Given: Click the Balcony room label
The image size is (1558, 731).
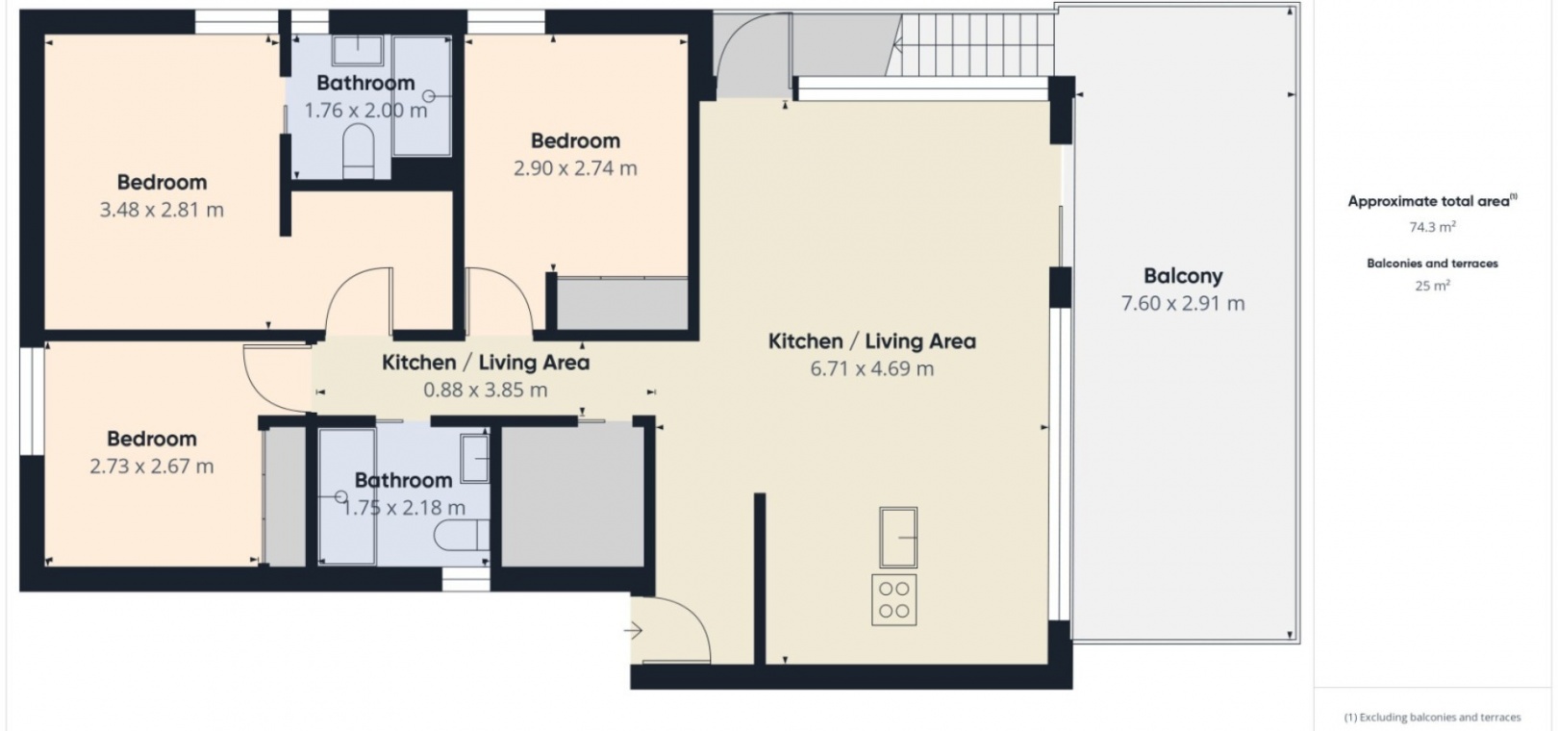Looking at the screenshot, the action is pyautogui.click(x=1182, y=276).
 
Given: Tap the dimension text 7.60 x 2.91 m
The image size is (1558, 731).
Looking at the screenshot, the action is pyautogui.click(x=1182, y=303).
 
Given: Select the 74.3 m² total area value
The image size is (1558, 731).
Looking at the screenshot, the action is pyautogui.click(x=1432, y=227).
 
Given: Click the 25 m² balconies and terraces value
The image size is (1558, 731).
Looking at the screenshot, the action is pyautogui.click(x=1432, y=285).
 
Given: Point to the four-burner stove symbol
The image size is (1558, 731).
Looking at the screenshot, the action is pyautogui.click(x=893, y=599).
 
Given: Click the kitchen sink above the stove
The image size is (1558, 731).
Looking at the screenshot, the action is pyautogui.click(x=898, y=537).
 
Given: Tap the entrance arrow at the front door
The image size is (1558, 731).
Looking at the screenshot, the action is pyautogui.click(x=633, y=631).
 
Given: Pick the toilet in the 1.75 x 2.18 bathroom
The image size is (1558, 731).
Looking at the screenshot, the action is pyautogui.click(x=461, y=535).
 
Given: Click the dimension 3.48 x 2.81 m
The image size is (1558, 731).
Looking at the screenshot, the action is pyautogui.click(x=162, y=210).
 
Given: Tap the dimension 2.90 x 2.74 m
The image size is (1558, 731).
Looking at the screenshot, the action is pyautogui.click(x=575, y=168).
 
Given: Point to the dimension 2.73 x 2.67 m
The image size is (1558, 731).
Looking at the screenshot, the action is pyautogui.click(x=152, y=466).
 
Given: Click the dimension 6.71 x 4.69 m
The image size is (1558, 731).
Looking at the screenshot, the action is pyautogui.click(x=871, y=368).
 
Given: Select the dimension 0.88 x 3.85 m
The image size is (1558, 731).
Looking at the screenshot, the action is pyautogui.click(x=486, y=390).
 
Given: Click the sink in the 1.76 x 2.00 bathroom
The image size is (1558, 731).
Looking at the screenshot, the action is pyautogui.click(x=358, y=50).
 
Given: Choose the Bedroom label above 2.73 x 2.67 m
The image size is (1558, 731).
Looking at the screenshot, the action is pyautogui.click(x=152, y=439).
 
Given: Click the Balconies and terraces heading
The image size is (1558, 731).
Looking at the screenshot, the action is pyautogui.click(x=1432, y=264).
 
